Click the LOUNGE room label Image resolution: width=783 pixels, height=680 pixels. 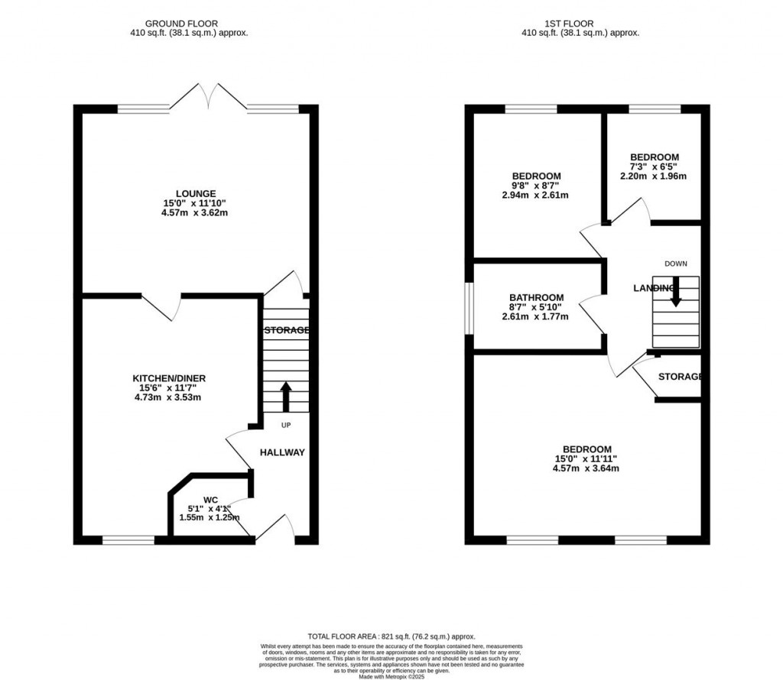(196, 193)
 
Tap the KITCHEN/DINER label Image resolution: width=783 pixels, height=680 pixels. (169, 378)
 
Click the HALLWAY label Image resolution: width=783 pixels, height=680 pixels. (282, 452)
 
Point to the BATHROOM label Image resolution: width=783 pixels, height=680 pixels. (537, 298)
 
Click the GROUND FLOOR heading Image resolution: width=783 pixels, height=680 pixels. (188, 24)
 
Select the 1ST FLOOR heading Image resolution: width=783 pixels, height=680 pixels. (580, 24)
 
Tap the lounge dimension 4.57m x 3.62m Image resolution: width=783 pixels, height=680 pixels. (196, 213)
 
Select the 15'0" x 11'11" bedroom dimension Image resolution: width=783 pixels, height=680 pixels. (586, 458)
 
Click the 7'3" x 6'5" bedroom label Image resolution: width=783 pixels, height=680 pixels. (653, 167)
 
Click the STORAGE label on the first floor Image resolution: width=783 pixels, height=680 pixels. (680, 377)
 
